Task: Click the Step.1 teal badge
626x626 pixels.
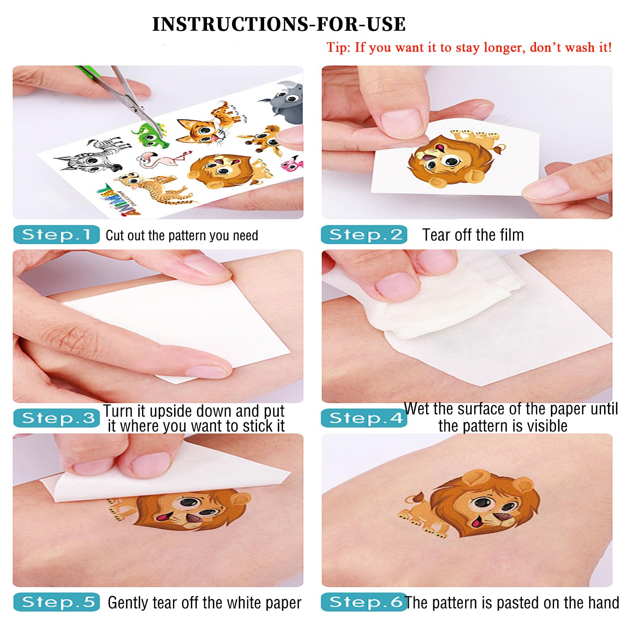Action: (x=56, y=234)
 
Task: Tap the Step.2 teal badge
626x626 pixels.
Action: (x=364, y=234)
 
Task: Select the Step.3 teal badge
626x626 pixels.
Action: (x=56, y=418)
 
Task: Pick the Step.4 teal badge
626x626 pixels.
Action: (x=364, y=418)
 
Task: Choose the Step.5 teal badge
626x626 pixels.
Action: (x=56, y=602)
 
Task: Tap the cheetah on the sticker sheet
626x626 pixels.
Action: (x=155, y=188)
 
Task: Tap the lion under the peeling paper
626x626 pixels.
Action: (x=180, y=509)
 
